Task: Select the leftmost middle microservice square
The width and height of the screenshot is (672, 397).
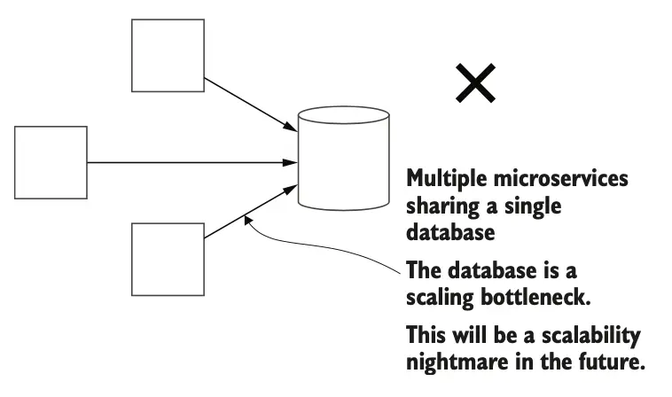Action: (51, 162)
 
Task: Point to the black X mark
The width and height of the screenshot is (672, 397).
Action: (475, 84)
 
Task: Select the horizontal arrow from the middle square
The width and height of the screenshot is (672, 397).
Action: (191, 162)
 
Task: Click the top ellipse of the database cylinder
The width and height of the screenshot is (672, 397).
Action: (343, 116)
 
